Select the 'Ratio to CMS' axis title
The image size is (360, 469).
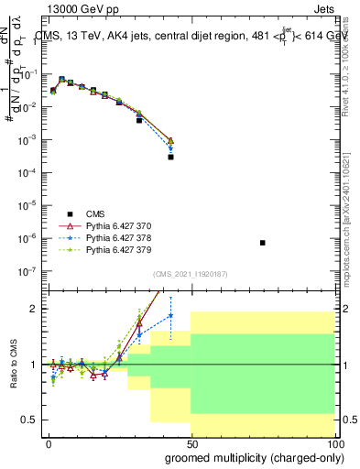click(x=14, y=364)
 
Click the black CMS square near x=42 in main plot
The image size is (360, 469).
click(x=170, y=157)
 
